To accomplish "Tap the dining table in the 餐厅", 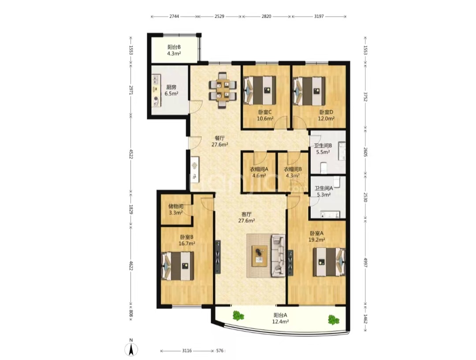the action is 223,90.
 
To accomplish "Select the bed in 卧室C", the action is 260,90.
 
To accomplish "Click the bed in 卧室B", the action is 178,266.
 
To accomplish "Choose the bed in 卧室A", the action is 329,262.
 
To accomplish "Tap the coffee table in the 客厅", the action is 260,256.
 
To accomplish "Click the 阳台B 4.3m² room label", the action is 174,50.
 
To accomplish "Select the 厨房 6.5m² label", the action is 171,90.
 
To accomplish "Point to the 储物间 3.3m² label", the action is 176,209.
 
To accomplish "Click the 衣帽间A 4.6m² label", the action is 259,172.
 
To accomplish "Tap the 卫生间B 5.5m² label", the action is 323,149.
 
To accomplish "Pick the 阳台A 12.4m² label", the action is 281,318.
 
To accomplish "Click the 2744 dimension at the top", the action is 174,16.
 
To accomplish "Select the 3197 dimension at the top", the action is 319,16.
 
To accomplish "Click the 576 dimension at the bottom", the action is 220,351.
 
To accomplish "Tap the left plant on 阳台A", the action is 238,316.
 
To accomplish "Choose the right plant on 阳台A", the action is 334,319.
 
